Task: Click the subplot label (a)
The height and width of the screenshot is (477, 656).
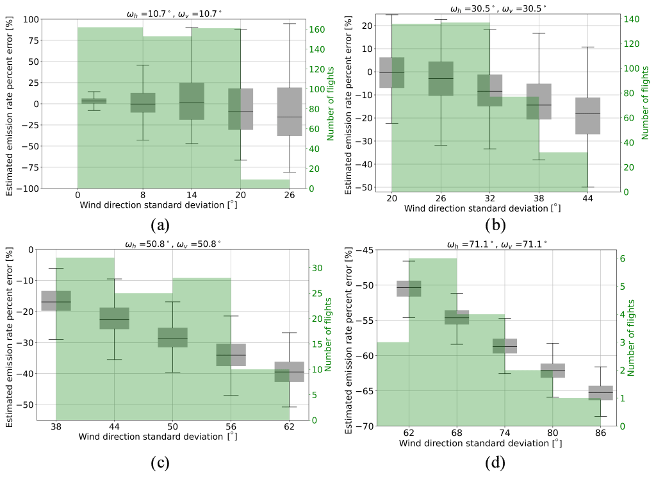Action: [x=160, y=225]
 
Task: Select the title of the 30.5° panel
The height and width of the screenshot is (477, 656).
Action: [x=496, y=8]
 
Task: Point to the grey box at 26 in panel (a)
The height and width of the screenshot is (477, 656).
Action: [x=290, y=112]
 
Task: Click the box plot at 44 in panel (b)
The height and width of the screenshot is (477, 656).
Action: [x=587, y=115]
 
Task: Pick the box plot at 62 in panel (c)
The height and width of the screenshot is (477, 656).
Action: [x=289, y=372]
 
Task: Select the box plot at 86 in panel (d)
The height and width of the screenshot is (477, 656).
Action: [x=600, y=392]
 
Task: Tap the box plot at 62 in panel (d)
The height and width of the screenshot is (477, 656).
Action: [x=409, y=289]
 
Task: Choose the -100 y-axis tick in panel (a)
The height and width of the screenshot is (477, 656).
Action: [x=28, y=188]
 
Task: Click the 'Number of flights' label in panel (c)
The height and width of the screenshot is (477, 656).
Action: [x=327, y=335]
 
